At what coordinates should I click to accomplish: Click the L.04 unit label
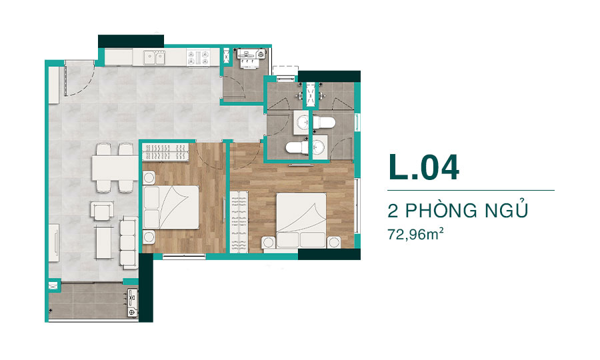423,167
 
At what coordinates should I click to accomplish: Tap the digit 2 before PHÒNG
393,211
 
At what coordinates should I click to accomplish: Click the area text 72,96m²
415,233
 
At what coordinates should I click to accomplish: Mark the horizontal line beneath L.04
471,190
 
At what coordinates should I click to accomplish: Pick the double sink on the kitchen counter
154,57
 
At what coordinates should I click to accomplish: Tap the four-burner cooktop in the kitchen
198,57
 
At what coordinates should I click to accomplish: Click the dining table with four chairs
115,167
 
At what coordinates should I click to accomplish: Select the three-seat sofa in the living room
128,242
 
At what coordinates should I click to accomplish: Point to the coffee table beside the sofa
104,243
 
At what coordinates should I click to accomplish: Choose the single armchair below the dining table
102,211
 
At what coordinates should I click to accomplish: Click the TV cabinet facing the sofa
53,243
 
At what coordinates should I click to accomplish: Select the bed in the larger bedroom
301,220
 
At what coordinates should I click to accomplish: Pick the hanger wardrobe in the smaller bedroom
165,151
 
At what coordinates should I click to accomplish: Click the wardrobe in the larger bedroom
239,222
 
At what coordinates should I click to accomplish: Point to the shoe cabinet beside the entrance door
53,85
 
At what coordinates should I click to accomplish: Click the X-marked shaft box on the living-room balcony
53,286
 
